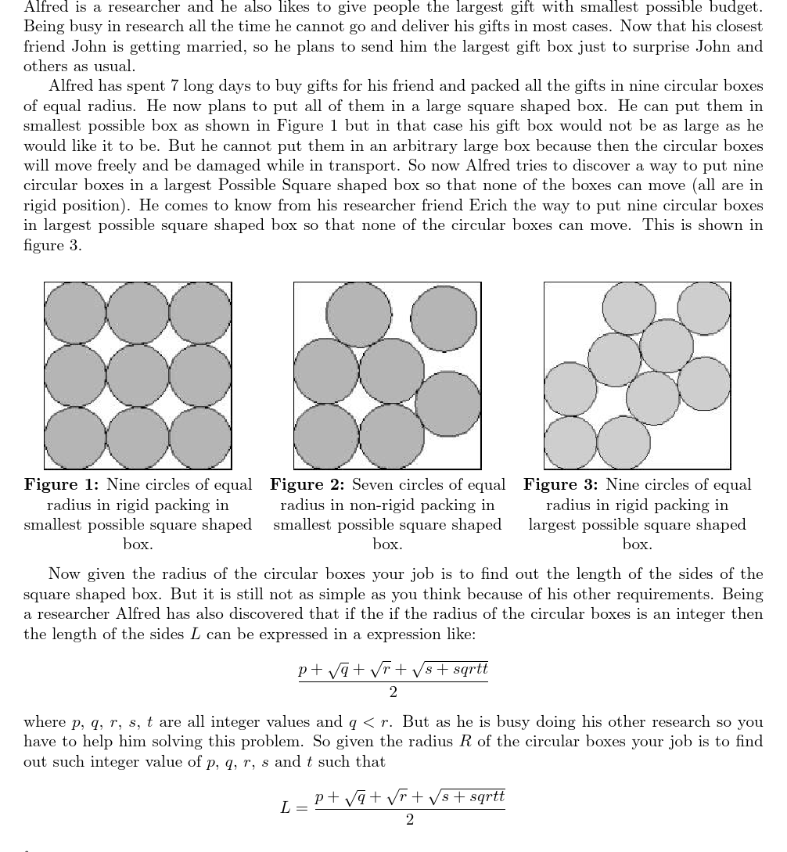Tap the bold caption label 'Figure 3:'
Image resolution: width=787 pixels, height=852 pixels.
click(x=560, y=485)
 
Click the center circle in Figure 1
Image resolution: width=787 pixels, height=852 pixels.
click(x=138, y=376)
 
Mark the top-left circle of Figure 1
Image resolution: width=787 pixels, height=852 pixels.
click(x=75, y=313)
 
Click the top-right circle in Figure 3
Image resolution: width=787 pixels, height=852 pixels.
click(x=703, y=308)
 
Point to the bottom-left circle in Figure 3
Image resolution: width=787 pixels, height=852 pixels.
click(x=570, y=443)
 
